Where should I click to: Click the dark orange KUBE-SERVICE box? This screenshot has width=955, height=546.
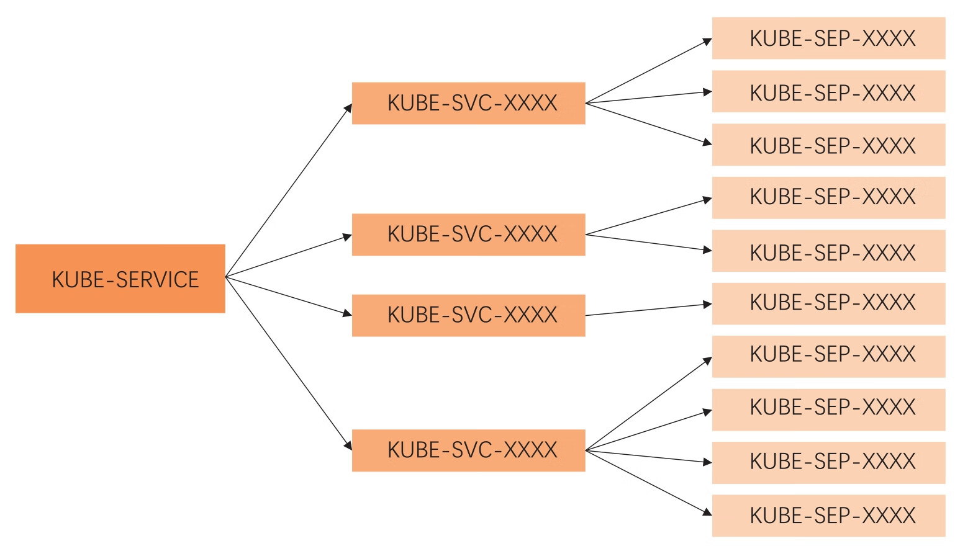coord(120,279)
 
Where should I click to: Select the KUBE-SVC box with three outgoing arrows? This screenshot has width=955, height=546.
coord(468,103)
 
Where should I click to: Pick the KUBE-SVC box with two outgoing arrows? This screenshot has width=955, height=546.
coord(468,235)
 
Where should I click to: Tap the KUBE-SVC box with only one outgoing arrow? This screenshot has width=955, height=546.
coord(468,315)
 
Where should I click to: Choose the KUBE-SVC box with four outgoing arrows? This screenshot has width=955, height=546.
coord(468,450)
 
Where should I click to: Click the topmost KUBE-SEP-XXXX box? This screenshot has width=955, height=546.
coord(828,38)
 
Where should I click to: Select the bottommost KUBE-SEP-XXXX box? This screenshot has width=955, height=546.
coord(828,516)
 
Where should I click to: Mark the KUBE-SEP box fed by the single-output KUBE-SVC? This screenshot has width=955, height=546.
coord(828,303)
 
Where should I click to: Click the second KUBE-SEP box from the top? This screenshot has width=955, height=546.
coord(828,92)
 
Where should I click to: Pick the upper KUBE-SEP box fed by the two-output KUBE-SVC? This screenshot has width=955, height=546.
coord(828,197)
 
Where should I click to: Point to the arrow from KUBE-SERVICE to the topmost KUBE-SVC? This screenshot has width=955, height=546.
coord(288,190)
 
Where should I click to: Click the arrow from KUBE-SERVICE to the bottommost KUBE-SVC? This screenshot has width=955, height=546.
coord(288,362)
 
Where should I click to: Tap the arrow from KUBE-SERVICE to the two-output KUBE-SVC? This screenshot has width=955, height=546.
coord(288,256)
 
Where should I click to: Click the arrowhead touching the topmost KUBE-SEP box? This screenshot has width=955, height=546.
coord(707,42)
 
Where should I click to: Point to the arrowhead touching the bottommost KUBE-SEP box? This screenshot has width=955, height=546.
coord(707,512)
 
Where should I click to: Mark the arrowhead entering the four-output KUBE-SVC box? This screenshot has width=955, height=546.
coord(348,445)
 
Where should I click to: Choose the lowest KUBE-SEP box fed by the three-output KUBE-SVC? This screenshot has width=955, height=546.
coord(828,145)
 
